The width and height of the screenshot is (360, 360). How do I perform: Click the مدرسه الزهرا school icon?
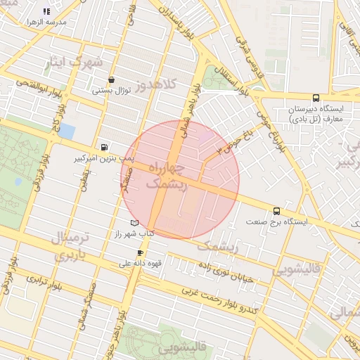[46, 12]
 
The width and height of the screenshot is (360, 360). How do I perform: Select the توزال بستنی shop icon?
[112, 79]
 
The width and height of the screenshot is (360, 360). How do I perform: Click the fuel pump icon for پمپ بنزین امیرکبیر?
[105, 148]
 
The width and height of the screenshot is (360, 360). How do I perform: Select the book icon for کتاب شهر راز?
[134, 223]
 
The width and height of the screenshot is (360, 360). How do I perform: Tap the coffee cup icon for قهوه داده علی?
[140, 253]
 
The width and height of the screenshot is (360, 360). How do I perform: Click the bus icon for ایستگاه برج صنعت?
[276, 210]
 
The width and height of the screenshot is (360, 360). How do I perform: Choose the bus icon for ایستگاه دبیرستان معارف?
[315, 98]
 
